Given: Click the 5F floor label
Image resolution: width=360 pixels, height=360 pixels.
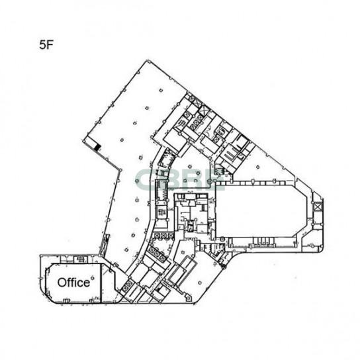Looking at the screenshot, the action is pyautogui.click(x=46, y=45).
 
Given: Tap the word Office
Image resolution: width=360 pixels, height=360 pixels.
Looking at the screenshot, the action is pyautogui.click(x=73, y=283).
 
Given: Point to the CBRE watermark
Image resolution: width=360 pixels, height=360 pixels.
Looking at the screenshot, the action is pyautogui.click(x=180, y=180).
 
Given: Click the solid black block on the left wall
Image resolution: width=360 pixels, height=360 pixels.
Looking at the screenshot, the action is pyautogui.click(x=97, y=147).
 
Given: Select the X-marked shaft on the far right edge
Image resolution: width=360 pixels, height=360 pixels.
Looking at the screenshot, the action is pyautogui.click(x=318, y=206).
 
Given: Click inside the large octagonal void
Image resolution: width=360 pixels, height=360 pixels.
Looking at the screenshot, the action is pyautogui.click(x=262, y=211).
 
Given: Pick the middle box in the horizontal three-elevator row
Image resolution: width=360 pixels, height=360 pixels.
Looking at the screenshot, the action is pyautogui.click(x=163, y=236).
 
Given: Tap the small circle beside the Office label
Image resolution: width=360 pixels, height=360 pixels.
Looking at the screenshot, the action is pyautogui.click(x=93, y=278).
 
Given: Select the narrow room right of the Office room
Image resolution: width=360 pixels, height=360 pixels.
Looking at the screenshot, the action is pyautogui.click(x=108, y=283).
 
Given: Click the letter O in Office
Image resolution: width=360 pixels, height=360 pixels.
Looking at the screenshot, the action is pyautogui.click(x=62, y=283).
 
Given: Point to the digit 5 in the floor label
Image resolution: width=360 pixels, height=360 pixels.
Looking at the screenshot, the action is pyautogui.click(x=42, y=45).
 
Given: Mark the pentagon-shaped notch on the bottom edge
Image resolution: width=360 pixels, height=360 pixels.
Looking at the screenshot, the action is pyautogui.click(x=188, y=298).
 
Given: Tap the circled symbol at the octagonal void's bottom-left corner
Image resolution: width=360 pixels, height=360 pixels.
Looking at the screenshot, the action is pyautogui.click(x=222, y=240).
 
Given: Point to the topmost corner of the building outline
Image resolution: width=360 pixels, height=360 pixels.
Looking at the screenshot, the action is pyautogui.click(x=147, y=60).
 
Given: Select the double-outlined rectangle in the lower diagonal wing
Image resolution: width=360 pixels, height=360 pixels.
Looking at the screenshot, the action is pyautogui.click(x=181, y=271).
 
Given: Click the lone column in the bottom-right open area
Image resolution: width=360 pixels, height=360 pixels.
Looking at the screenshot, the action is pyautogui.click(x=200, y=283).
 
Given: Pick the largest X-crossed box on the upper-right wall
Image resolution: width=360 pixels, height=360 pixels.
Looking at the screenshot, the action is pyautogui.click(x=204, y=111).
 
